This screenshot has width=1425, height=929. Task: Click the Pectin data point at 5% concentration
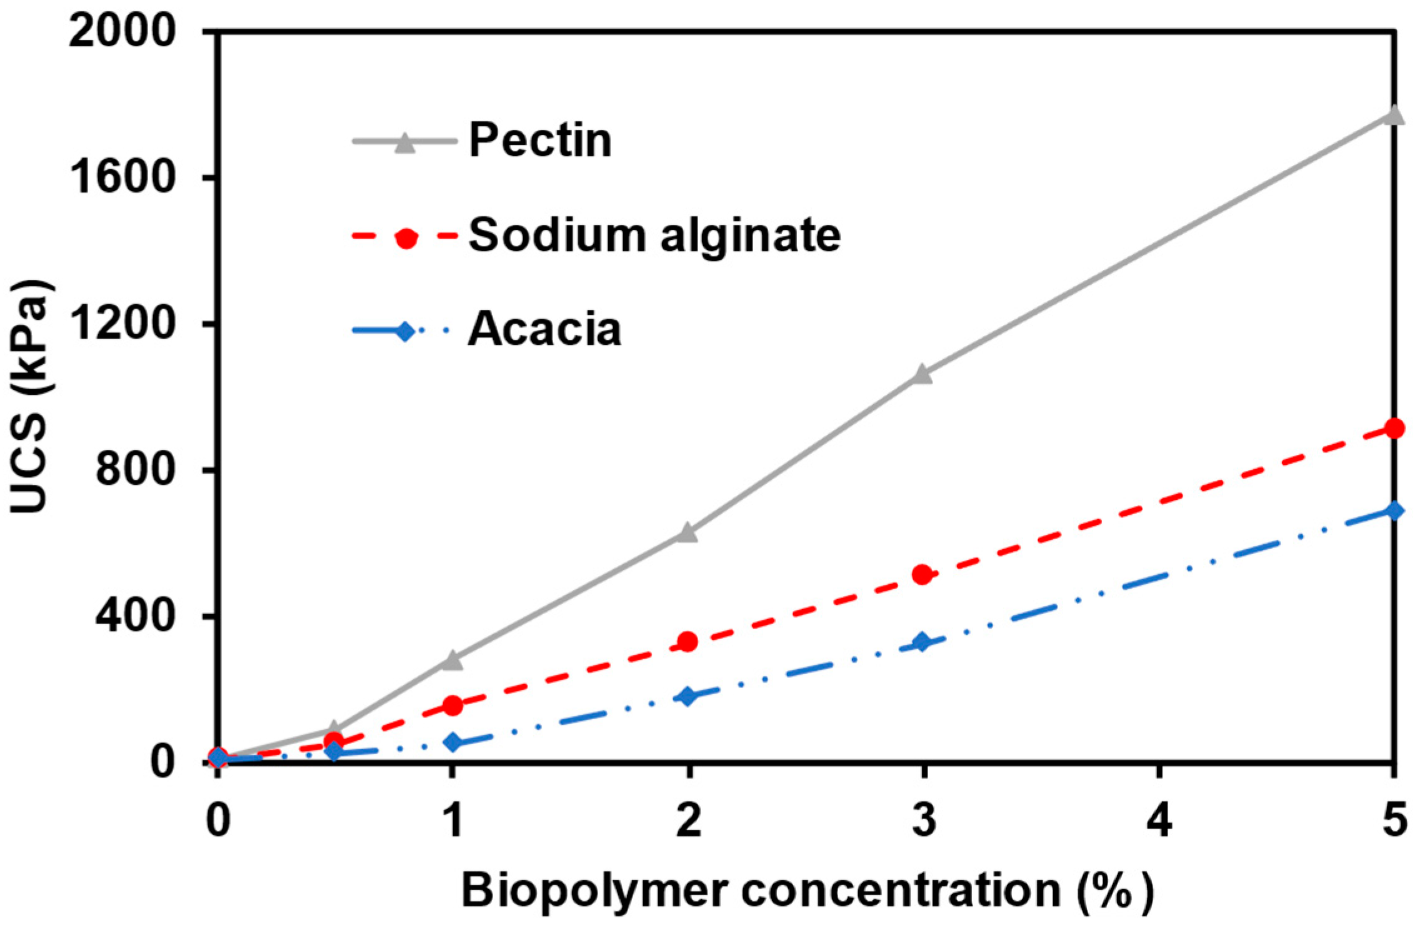tap(1393, 116)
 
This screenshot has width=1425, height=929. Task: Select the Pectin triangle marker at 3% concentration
tap(922, 374)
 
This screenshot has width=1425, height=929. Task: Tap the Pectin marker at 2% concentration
tap(687, 533)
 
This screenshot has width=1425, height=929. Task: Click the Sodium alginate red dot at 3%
tap(922, 574)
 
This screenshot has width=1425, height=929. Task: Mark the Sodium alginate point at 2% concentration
tap(687, 642)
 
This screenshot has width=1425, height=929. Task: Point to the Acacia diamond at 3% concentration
tap(922, 642)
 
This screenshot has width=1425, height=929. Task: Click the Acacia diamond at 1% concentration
tap(452, 743)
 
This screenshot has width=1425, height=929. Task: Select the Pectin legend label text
tap(540, 140)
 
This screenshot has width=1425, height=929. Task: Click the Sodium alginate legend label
tap(654, 236)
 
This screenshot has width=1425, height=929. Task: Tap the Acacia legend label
tap(544, 329)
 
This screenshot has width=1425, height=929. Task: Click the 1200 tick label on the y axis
tap(121, 323)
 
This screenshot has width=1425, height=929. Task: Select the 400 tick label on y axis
tap(134, 616)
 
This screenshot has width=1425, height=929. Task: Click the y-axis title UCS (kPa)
tap(30, 397)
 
